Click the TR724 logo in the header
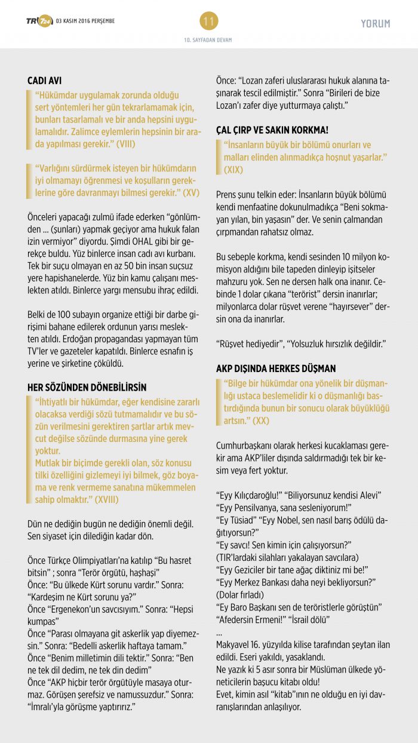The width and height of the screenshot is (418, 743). tap(39, 22)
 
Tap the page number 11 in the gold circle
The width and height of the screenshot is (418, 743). tap(209, 22)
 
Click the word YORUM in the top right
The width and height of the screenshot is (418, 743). tap(376, 24)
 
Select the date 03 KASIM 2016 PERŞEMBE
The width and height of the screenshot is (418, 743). tap(85, 22)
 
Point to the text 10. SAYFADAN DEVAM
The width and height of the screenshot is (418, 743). tap(208, 40)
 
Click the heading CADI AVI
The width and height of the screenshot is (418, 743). tap(45, 81)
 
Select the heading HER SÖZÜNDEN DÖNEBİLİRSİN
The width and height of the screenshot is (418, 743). tap(87, 388)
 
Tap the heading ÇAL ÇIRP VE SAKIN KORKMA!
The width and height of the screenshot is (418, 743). tap(272, 130)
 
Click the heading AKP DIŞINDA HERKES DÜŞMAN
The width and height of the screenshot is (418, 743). tap(276, 369)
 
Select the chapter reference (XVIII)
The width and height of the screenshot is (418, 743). tap(102, 499)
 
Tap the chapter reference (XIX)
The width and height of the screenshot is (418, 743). tap(233, 170)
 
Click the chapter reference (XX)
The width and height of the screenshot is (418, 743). tap(260, 420)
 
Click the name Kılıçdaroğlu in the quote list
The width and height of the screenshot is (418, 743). tap(251, 495)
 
